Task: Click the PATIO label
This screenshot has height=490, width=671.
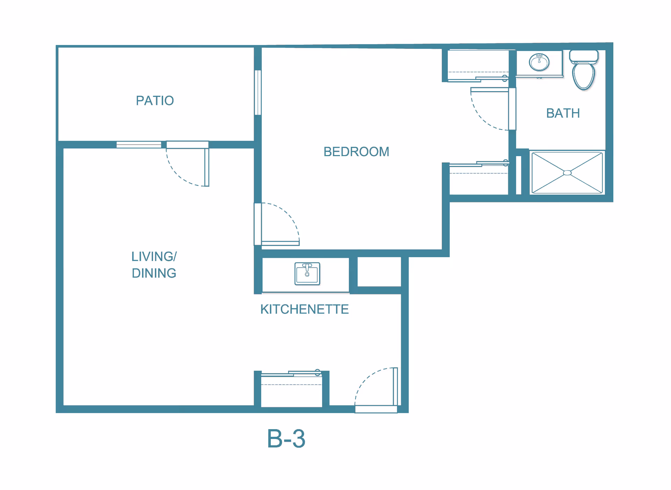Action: [x=155, y=101]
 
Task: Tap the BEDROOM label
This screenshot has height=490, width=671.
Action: [x=356, y=152]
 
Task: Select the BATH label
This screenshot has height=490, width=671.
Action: [x=563, y=113]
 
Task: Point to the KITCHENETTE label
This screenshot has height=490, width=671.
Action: [x=304, y=309]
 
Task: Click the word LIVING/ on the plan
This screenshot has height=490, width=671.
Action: [x=154, y=256]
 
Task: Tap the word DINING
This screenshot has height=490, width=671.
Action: [x=154, y=273]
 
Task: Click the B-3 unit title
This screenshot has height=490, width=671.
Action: [x=286, y=439]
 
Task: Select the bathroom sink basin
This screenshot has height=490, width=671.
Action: [x=539, y=63]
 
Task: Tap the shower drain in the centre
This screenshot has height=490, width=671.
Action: [x=568, y=173]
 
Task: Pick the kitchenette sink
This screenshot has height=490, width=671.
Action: [x=307, y=273]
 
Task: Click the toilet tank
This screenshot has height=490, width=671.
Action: [x=584, y=56]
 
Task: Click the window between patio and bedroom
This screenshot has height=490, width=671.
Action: [x=258, y=93]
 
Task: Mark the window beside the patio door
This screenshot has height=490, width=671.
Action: [x=139, y=145]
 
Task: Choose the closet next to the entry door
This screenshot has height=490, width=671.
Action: [x=291, y=391]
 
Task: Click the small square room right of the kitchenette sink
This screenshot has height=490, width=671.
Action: [x=379, y=272]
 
